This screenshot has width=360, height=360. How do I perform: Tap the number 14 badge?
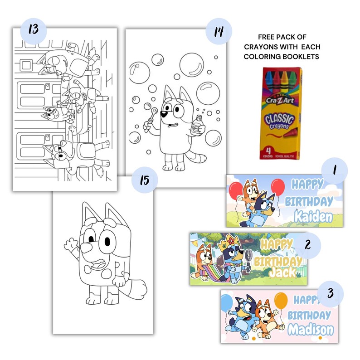pyautogui.click(x=218, y=33)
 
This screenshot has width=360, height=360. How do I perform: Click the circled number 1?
pyautogui.click(x=334, y=171)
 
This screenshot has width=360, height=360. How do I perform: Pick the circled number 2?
pyautogui.click(x=307, y=245)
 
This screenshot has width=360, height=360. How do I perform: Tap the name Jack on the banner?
pyautogui.click(x=282, y=272)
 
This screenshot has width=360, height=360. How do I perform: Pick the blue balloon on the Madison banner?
pyautogui.click(x=227, y=303)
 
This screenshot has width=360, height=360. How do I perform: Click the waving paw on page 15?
pyautogui.click(x=70, y=245)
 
